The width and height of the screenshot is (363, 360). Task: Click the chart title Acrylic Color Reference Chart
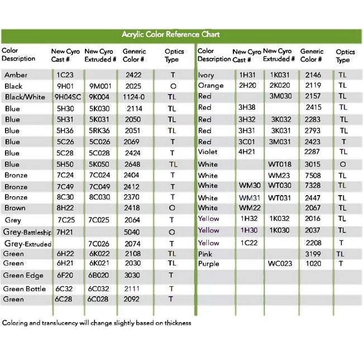[x=170, y=35]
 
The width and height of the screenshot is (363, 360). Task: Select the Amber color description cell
[x=16, y=75]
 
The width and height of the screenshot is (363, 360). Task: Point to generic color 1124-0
[x=134, y=97]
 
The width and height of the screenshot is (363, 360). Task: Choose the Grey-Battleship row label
[x=27, y=232]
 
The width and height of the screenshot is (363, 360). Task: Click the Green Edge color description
[x=23, y=276]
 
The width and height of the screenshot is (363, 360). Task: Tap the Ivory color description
[x=206, y=75]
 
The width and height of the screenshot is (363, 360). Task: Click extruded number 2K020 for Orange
[x=280, y=86]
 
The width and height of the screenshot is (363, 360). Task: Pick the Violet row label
[x=207, y=151]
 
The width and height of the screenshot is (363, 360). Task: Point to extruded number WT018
[x=280, y=164]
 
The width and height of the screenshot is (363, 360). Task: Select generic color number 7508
[x=313, y=176]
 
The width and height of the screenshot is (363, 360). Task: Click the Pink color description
[x=205, y=254]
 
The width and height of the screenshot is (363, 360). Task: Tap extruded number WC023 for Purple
[x=280, y=263]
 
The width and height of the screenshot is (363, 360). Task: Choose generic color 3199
[x=313, y=254]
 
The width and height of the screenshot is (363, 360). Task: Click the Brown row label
[x=16, y=208]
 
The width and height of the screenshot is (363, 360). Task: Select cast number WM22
[x=250, y=208]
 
